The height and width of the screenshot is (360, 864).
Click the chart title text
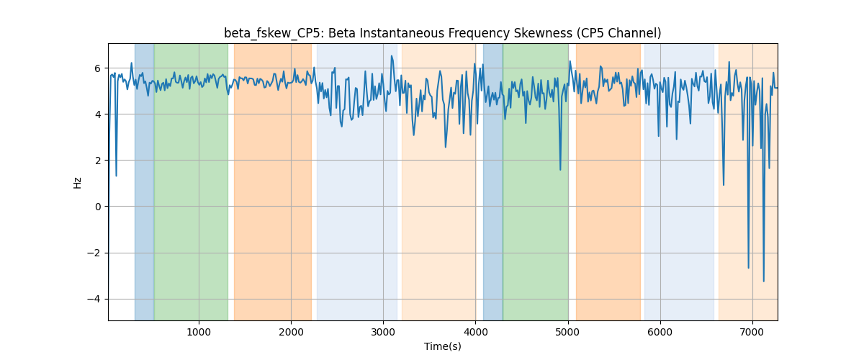442,33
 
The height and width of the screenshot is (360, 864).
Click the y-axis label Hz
77,183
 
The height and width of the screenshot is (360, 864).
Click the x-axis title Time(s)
442,346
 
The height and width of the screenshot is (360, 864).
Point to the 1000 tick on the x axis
199,333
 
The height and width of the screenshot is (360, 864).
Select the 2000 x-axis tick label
291,333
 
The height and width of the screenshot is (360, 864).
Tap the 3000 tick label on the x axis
383,333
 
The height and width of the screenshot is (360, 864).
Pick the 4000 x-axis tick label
476,333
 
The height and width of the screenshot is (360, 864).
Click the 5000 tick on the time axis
568,333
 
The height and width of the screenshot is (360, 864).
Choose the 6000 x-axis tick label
660,333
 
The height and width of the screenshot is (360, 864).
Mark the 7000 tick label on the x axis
752,333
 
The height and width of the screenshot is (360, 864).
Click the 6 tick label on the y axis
98,68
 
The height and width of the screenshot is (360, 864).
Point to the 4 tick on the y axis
98,114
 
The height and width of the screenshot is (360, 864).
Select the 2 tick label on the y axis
98,161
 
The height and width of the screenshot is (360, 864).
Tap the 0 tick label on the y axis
98,207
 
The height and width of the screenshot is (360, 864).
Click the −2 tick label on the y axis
94,253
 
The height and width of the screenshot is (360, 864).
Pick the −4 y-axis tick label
94,299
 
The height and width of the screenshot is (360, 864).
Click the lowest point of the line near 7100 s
764,282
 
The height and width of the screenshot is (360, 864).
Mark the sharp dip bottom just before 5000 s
560,170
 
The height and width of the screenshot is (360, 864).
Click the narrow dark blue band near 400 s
144,181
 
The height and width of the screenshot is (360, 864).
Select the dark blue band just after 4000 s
493,181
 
